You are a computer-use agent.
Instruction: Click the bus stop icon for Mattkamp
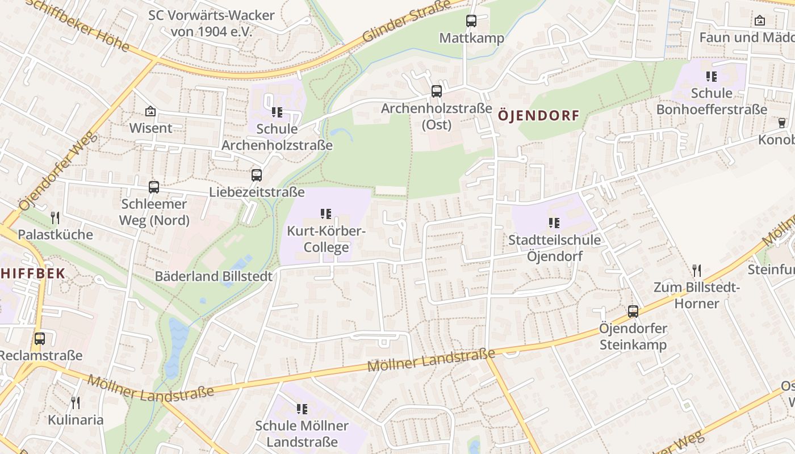[471, 21]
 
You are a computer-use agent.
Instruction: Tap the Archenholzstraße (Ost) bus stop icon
[436, 91]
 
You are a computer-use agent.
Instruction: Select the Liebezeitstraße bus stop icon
[257, 175]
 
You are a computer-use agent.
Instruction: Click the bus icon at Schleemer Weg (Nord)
[153, 187]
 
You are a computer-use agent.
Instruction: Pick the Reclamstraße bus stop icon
[39, 338]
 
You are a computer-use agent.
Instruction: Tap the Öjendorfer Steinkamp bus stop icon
[633, 311]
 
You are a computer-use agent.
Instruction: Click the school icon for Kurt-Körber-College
[326, 214]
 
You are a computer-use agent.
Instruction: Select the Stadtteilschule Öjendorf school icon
[554, 223]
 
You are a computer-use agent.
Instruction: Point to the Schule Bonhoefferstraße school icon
[712, 76]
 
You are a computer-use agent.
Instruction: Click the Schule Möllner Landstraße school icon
[302, 409]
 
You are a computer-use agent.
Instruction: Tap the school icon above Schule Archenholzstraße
[277, 112]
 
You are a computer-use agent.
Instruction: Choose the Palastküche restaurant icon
[55, 217]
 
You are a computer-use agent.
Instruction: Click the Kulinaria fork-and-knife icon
[76, 402]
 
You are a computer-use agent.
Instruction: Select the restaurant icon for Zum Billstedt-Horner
[697, 270]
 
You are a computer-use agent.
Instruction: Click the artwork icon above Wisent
[150, 111]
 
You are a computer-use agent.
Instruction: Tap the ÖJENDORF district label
[538, 116]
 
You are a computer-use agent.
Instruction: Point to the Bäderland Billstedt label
[214, 276]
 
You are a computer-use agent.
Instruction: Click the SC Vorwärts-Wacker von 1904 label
[211, 23]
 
